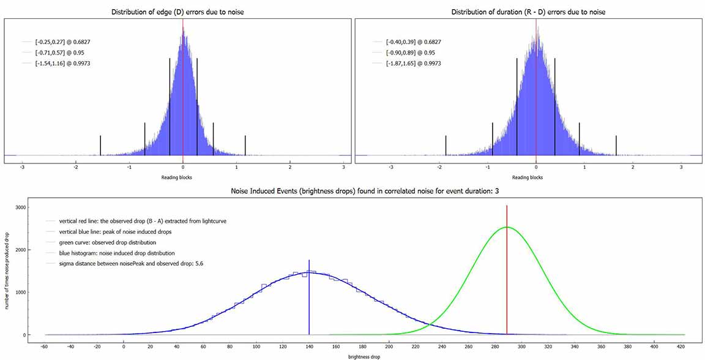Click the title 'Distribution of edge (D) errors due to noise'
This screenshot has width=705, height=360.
point(177,12)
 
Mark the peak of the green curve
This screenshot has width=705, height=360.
point(507,228)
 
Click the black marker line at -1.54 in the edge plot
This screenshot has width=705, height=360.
point(100,145)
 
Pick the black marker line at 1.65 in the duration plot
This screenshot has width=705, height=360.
point(616,145)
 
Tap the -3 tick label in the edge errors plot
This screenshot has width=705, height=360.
point(22,167)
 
